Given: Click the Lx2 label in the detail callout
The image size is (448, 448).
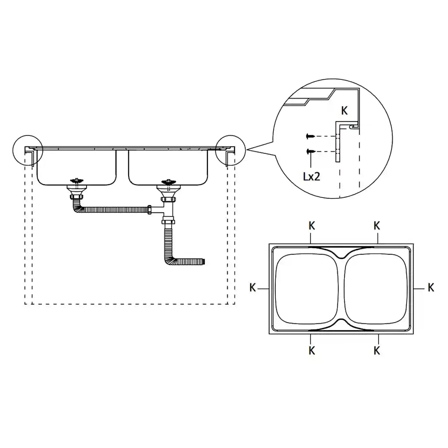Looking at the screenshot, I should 311,176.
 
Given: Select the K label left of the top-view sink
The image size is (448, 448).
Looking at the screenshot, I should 252,287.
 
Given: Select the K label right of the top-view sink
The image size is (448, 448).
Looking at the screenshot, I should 431,287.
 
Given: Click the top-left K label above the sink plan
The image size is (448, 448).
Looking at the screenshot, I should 311,226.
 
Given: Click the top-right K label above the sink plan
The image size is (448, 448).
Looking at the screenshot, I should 377,226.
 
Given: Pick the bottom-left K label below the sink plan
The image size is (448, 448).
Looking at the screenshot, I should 311,350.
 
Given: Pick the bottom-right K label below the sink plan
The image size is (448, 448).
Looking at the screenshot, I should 377,350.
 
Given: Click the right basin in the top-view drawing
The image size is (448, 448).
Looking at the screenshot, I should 377,288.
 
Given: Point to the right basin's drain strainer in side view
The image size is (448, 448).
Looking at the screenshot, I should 168,181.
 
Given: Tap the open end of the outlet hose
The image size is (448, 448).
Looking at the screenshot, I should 204,262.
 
